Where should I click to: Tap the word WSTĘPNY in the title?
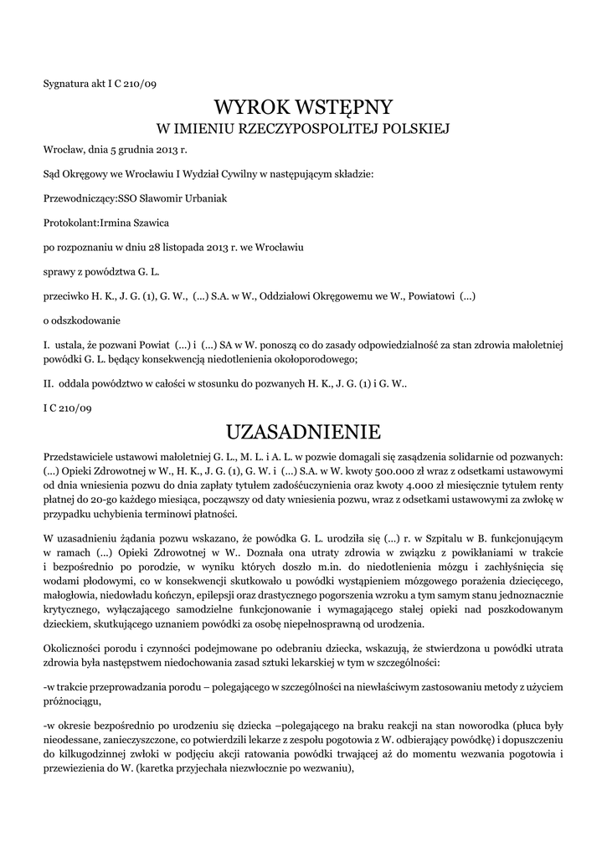(x=344, y=107)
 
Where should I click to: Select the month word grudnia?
(x=130, y=150)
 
